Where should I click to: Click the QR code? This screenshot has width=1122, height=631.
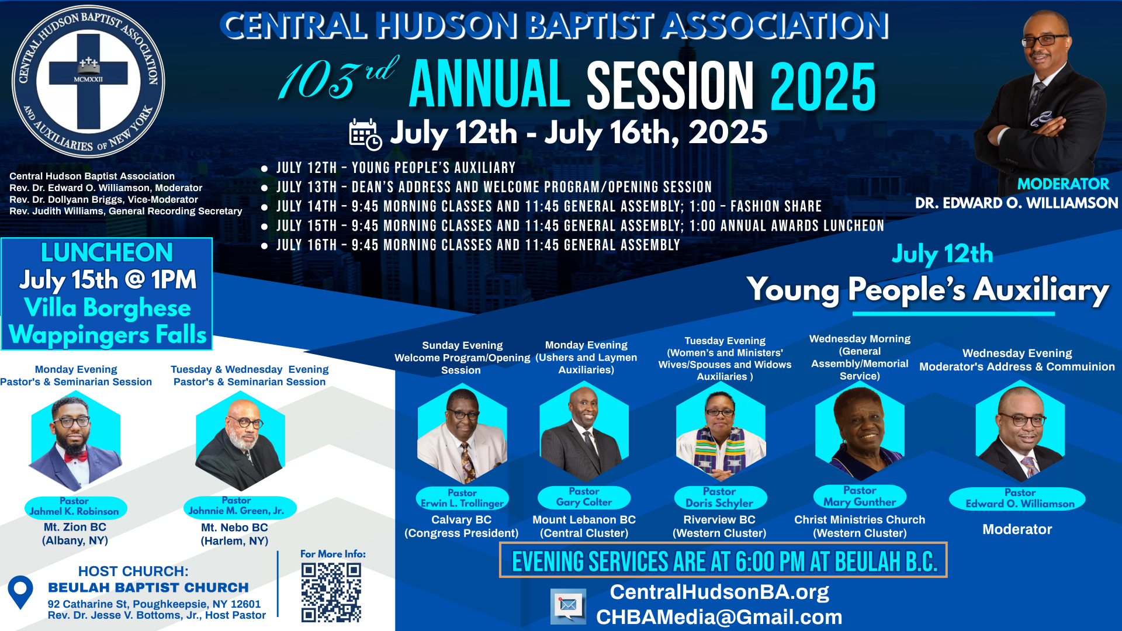(331, 592)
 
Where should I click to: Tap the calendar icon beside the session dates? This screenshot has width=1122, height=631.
(365, 134)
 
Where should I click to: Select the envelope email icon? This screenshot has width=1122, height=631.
(568, 605)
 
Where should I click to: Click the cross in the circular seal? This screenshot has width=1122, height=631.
(88, 81)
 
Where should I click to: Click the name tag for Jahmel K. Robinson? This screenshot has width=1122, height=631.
(75, 507)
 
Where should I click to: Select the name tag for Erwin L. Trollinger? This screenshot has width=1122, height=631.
(462, 498)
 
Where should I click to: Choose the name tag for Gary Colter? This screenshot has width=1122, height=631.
(584, 497)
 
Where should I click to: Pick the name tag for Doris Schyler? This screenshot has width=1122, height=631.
(719, 497)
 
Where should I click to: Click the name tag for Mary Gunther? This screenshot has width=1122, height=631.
(860, 496)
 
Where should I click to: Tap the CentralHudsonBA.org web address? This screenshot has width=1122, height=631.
(719, 592)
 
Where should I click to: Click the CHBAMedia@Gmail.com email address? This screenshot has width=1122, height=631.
(719, 617)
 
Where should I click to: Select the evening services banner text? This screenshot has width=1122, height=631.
(724, 561)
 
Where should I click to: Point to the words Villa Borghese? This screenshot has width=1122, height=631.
(108, 308)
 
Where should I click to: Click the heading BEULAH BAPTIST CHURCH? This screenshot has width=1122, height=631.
(148, 587)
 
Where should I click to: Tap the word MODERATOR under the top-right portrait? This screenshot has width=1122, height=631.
(1063, 184)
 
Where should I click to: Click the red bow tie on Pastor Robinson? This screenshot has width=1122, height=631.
(75, 457)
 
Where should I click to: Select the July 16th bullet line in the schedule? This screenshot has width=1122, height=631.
(478, 245)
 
